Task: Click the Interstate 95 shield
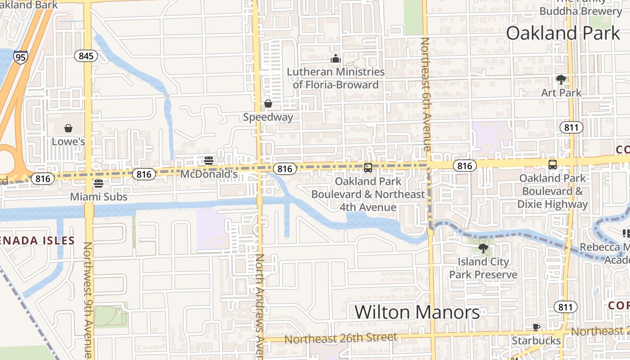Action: coord(20,57)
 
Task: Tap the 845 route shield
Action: coord(85,56)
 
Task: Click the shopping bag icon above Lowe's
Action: coord(68,129)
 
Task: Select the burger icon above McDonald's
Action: coord(208,161)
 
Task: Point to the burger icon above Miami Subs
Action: coord(99,184)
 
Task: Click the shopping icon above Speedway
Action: coord(268,104)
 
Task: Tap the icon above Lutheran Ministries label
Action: coord(336,58)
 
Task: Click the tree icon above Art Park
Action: coord(561,80)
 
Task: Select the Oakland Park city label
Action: coord(562,33)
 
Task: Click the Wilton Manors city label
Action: coord(417,312)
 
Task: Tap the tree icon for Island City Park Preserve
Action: coord(483,248)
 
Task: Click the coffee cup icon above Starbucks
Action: coord(536,327)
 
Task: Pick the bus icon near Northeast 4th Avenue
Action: coord(368,168)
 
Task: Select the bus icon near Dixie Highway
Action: coord(553,165)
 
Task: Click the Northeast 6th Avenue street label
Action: coord(426,94)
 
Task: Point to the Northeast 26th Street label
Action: coord(341,337)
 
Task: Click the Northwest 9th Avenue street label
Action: coord(88,299)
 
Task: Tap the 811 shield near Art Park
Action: coord(571,127)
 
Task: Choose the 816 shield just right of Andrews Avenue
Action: coord(285,169)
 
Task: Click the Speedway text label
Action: coord(268,117)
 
